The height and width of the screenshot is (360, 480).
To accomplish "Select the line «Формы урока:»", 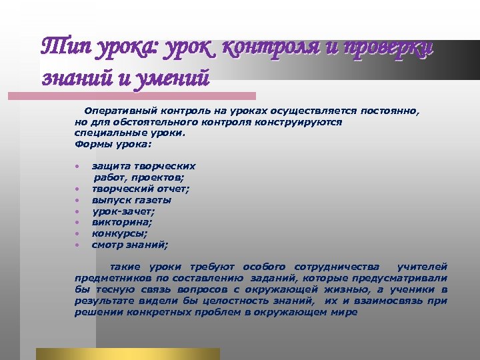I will tap(113, 143).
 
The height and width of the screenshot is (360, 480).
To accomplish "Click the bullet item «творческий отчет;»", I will tap(140, 189).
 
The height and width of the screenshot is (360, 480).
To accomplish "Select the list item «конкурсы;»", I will tap(120, 233).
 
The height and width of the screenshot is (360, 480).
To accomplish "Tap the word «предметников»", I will tap(110, 277).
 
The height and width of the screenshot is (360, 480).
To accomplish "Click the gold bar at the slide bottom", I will tap(127, 354).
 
